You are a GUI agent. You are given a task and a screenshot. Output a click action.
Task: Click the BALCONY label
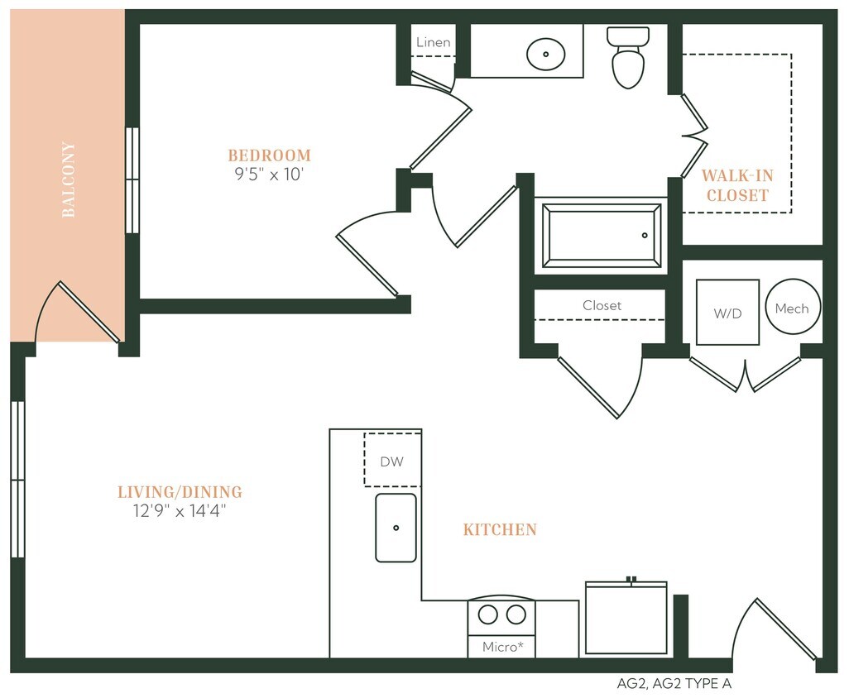[69, 179]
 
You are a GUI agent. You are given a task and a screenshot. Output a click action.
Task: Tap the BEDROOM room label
[270, 155]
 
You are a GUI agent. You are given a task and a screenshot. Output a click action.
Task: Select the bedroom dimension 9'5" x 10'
[270, 174]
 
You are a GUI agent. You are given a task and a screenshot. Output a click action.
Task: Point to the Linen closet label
[434, 42]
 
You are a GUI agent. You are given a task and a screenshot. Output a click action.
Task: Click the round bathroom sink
[546, 54]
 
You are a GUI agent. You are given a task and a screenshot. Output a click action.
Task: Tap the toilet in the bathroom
[628, 58]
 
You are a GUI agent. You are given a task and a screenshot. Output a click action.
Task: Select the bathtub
[602, 235]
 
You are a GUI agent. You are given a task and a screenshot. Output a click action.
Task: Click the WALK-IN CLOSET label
[736, 185]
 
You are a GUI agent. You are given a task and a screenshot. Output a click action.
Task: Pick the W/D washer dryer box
[727, 312]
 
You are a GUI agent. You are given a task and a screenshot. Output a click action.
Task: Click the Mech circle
[792, 308]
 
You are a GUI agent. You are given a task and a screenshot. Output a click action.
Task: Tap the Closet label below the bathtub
[602, 305]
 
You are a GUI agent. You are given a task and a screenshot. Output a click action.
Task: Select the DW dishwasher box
[392, 461]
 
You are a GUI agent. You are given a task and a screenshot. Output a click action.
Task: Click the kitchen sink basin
[396, 528]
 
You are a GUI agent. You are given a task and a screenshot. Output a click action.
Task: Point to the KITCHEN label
[500, 529]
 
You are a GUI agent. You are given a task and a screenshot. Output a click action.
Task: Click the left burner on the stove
[489, 614]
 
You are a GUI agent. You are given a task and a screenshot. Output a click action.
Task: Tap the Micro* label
[502, 647]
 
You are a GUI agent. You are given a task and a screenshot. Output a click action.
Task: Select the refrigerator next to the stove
[626, 618]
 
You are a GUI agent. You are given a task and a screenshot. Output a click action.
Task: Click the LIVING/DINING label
[180, 492]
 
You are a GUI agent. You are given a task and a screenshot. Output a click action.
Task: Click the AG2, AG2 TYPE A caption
[674, 684]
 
